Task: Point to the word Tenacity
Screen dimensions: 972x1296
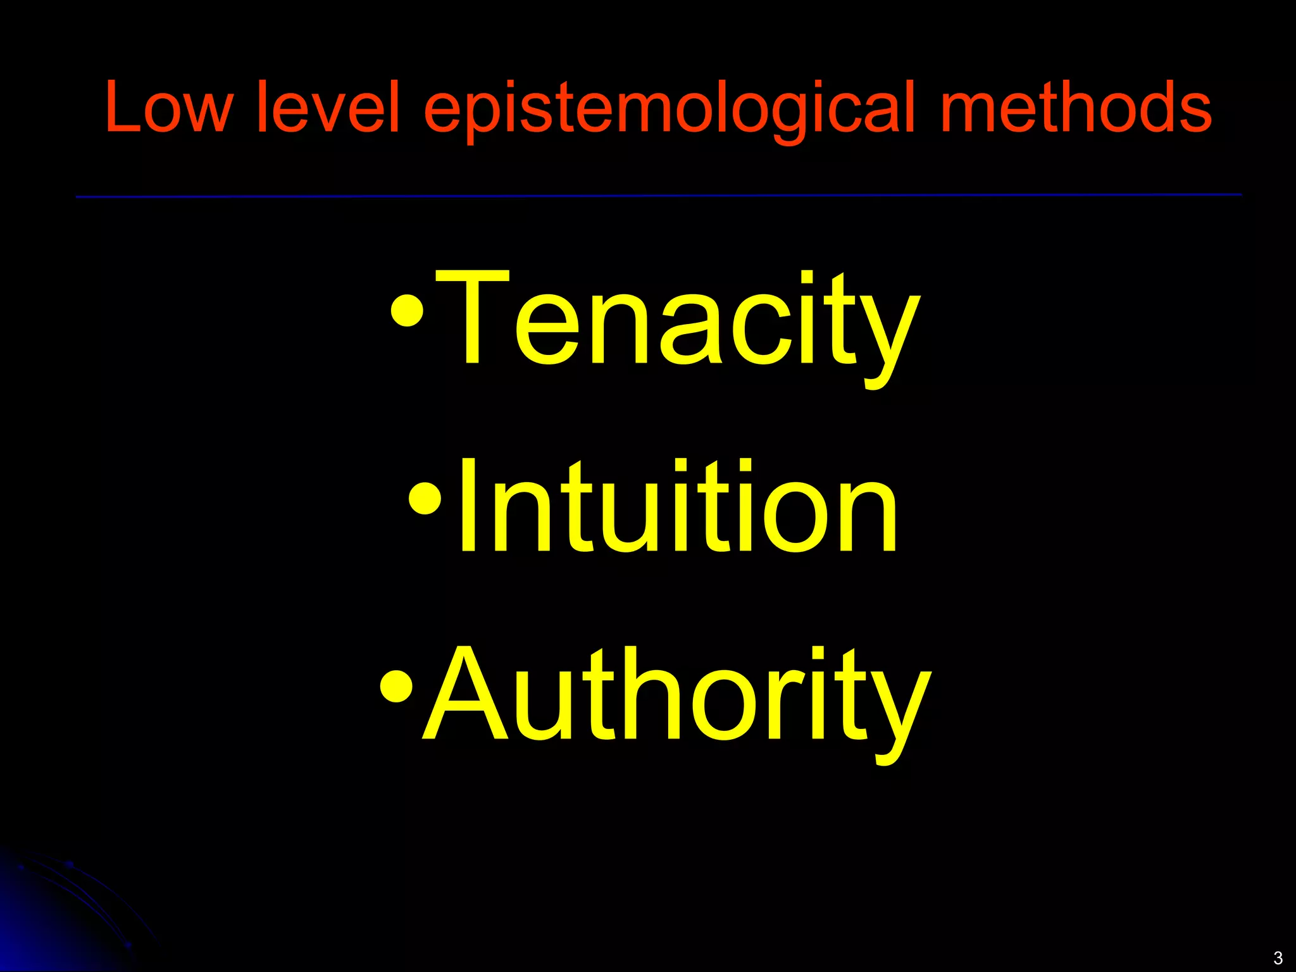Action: point(677,320)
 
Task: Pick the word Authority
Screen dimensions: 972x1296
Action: point(677,696)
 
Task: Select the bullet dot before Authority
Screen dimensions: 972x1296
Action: point(397,686)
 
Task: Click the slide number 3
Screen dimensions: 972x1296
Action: point(1278,957)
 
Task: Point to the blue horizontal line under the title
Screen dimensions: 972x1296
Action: point(658,196)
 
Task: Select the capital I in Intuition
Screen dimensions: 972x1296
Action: point(469,506)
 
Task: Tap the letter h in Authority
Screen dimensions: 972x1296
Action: point(645,696)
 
